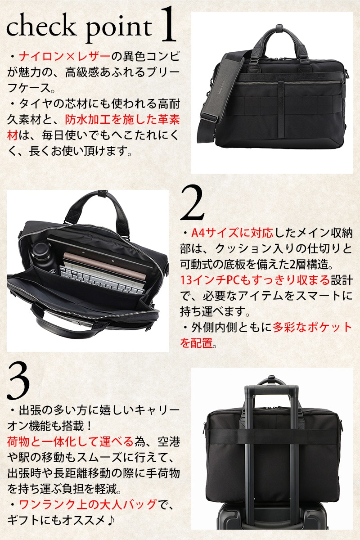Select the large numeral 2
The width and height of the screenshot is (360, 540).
(x=192, y=202)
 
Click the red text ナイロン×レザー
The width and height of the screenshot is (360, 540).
(x=64, y=57)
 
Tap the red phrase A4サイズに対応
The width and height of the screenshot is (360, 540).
(x=232, y=233)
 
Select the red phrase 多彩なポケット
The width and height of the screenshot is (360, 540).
(x=312, y=328)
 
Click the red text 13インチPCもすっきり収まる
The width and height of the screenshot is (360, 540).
(x=255, y=280)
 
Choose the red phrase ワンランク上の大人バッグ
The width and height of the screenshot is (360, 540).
(x=87, y=504)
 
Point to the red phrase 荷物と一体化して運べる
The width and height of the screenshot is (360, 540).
(x=70, y=441)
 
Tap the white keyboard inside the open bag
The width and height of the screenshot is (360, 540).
(x=101, y=279)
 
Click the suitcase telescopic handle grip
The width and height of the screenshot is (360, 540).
(x=272, y=390)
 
